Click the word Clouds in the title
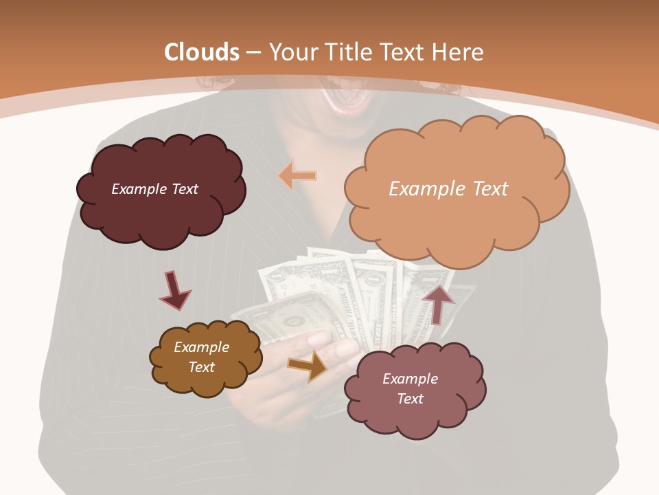click(x=202, y=52)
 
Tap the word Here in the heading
click(x=459, y=52)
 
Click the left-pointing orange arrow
click(x=297, y=176)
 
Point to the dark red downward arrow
click(x=174, y=290)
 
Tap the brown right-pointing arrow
click(x=307, y=366)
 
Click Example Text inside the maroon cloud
click(x=154, y=189)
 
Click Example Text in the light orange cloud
click(x=448, y=189)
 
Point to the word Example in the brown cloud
click(x=201, y=347)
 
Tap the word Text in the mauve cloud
click(x=410, y=399)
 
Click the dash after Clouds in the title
click(x=253, y=52)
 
